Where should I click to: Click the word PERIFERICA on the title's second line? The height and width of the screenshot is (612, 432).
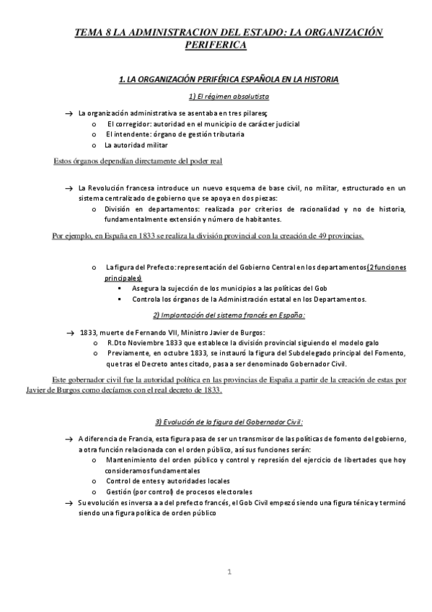216,44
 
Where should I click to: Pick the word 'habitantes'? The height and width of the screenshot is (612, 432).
257,219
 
